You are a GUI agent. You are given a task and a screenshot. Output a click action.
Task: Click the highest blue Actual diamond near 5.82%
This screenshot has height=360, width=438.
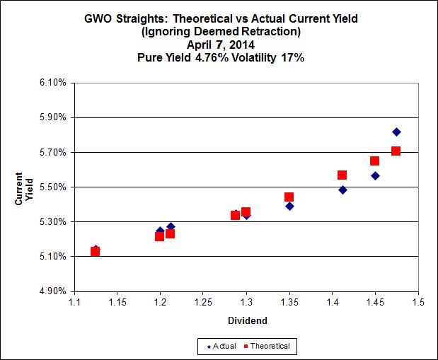(396, 132)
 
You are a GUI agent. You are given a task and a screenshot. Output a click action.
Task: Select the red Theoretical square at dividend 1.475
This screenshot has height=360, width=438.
(396, 151)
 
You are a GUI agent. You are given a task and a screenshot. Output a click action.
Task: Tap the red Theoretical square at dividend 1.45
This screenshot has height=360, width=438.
(375, 161)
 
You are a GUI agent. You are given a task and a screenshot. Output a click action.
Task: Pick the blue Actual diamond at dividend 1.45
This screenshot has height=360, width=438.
(375, 175)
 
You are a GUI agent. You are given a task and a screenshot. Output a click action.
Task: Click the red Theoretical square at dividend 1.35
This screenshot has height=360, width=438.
(289, 197)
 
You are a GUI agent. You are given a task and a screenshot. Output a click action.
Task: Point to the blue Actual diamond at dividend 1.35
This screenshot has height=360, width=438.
(289, 206)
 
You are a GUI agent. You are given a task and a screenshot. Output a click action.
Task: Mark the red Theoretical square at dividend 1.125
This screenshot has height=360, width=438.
(96, 251)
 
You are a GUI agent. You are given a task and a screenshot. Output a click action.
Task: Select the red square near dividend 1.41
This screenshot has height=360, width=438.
(342, 175)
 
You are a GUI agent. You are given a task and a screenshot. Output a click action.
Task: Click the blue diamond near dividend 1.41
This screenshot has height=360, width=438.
(342, 190)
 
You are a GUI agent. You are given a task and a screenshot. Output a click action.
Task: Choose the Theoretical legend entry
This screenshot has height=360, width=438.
(268, 346)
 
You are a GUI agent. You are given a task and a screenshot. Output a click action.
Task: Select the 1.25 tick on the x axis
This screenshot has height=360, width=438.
(203, 303)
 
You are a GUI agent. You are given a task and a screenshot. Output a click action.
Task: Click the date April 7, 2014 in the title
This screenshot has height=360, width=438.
(220, 45)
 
